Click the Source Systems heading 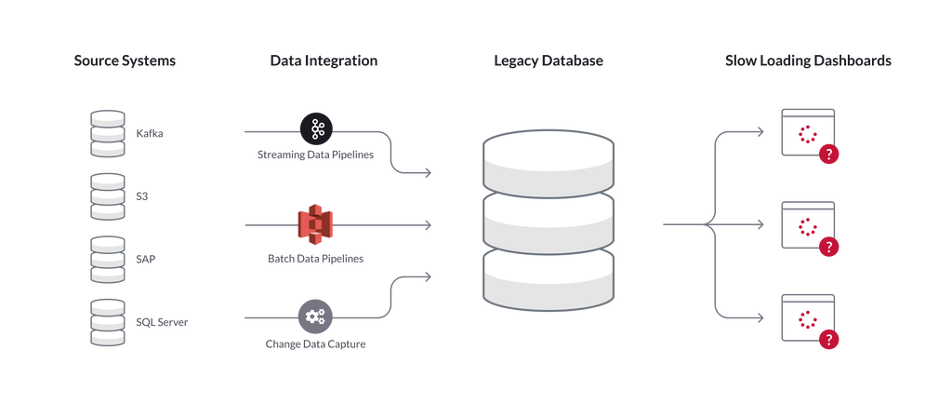point(125,61)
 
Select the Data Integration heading point(324,61)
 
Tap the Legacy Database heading point(549,61)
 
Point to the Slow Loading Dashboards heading point(808,61)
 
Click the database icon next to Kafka point(108,134)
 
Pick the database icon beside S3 point(108,196)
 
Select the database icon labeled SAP point(108,260)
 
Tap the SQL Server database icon point(108,323)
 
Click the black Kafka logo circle point(316,129)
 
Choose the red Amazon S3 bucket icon point(316,224)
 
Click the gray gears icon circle point(315,316)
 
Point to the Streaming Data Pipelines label point(316,155)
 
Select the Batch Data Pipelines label point(316,259)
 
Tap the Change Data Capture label point(316,343)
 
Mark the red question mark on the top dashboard point(828,155)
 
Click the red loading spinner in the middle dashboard point(808,226)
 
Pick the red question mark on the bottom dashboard point(828,339)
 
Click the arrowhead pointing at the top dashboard point(760,132)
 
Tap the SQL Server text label point(162,322)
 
